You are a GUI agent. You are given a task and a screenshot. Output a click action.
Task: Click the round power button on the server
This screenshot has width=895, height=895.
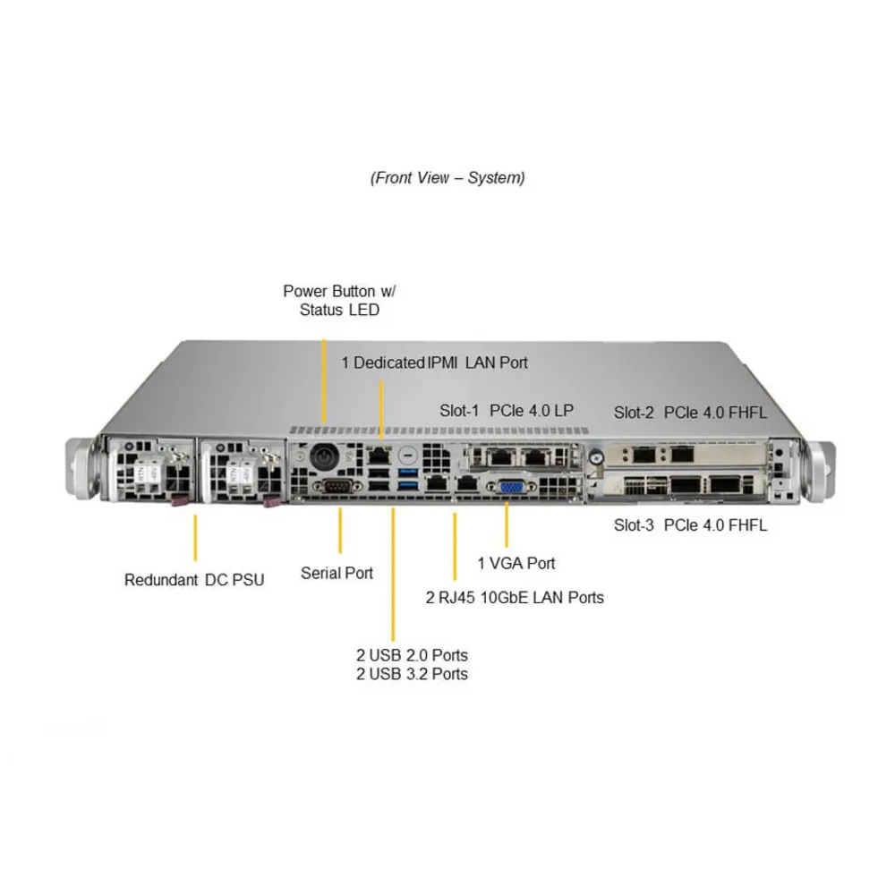322,456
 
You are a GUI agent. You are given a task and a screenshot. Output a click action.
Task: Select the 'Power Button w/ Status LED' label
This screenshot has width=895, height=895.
339,301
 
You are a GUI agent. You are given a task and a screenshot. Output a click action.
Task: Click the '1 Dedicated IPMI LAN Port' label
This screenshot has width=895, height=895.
434,362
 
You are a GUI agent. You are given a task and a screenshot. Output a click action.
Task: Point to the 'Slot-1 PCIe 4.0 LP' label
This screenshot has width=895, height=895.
507,411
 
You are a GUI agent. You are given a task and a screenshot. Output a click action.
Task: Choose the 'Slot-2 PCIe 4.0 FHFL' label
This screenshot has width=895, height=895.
690,413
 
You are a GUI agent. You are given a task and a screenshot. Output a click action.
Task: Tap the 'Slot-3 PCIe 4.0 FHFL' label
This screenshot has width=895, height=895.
690,525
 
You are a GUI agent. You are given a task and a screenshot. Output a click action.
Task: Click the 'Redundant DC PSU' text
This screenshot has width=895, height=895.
194,580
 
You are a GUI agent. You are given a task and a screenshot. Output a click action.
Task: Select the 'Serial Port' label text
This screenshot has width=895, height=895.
337,573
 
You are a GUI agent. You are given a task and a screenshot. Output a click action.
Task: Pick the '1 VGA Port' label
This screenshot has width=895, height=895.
516,563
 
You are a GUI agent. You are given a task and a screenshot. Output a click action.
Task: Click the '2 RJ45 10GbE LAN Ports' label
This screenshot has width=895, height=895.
515,597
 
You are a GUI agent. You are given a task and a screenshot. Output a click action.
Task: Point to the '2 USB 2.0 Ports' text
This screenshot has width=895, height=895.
412,655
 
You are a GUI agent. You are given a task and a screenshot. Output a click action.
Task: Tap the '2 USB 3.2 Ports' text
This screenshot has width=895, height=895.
412,674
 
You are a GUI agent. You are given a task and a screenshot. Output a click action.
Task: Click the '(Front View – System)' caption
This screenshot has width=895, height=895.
447,177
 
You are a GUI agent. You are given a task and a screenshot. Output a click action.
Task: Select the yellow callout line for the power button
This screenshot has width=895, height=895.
322,376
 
